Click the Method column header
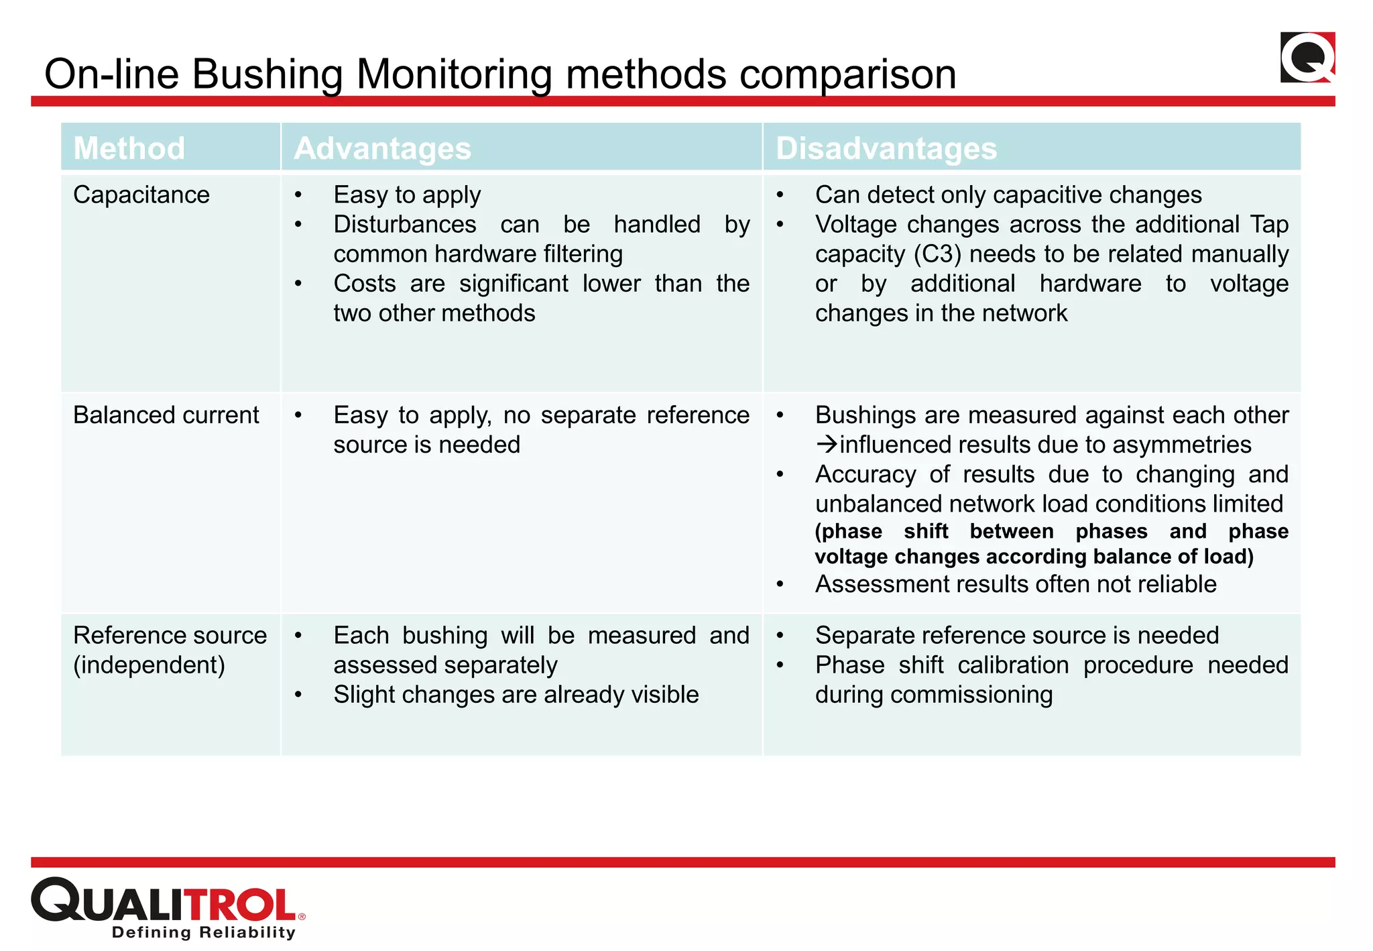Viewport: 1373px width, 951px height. [129, 148]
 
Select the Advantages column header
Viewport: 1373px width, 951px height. [382, 148]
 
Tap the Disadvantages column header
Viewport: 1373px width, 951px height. [886, 148]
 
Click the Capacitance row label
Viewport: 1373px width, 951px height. [141, 195]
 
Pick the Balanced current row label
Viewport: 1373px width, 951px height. [166, 415]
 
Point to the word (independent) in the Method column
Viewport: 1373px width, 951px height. [149, 665]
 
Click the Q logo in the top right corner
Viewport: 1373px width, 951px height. [1307, 58]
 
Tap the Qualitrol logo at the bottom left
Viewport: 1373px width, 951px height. [168, 901]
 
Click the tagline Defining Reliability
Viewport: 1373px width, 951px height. [204, 932]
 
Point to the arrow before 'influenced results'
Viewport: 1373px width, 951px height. [827, 444]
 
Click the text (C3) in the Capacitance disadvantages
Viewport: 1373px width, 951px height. [938, 254]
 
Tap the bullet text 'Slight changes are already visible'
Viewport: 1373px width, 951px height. [516, 695]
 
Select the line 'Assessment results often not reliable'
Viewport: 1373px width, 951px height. [1015, 584]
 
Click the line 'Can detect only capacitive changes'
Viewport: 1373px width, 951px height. [1008, 195]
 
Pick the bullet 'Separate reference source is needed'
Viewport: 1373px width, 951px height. [1016, 635]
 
